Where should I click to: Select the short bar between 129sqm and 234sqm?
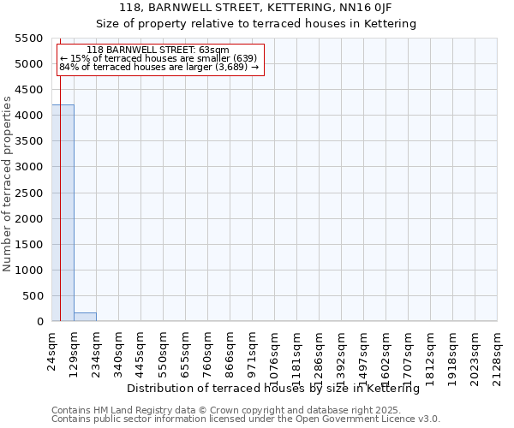[85, 317]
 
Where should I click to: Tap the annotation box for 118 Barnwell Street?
[159, 59]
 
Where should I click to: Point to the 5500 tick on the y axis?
[29, 39]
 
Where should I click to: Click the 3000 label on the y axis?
[29, 167]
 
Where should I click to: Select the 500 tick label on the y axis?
[33, 296]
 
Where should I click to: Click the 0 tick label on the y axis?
[39, 322]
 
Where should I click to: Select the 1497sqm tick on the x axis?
[363, 348]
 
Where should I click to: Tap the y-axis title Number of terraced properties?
[9, 183]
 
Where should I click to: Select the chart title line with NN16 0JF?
[256, 8]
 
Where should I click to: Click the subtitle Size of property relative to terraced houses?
[256, 24]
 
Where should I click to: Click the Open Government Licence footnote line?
[246, 419]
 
